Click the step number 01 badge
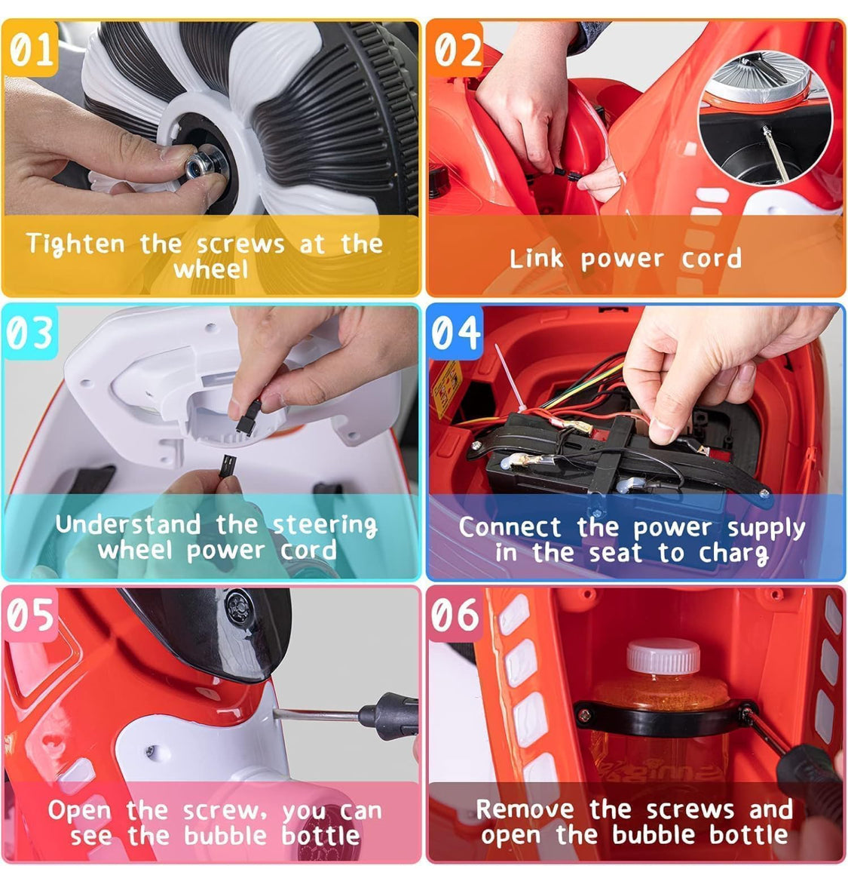[x=30, y=50]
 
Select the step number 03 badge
[x=30, y=333]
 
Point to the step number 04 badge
[x=455, y=333]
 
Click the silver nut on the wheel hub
[x=198, y=164]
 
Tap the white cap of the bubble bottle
[x=663, y=655]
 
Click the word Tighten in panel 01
[x=75, y=244]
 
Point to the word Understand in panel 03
[x=128, y=524]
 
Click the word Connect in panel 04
[x=510, y=527]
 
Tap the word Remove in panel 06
[x=525, y=809]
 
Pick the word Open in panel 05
[x=79, y=811]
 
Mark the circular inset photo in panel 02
[x=765, y=117]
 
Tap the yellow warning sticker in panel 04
[x=447, y=388]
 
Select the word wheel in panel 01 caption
[x=210, y=270]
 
